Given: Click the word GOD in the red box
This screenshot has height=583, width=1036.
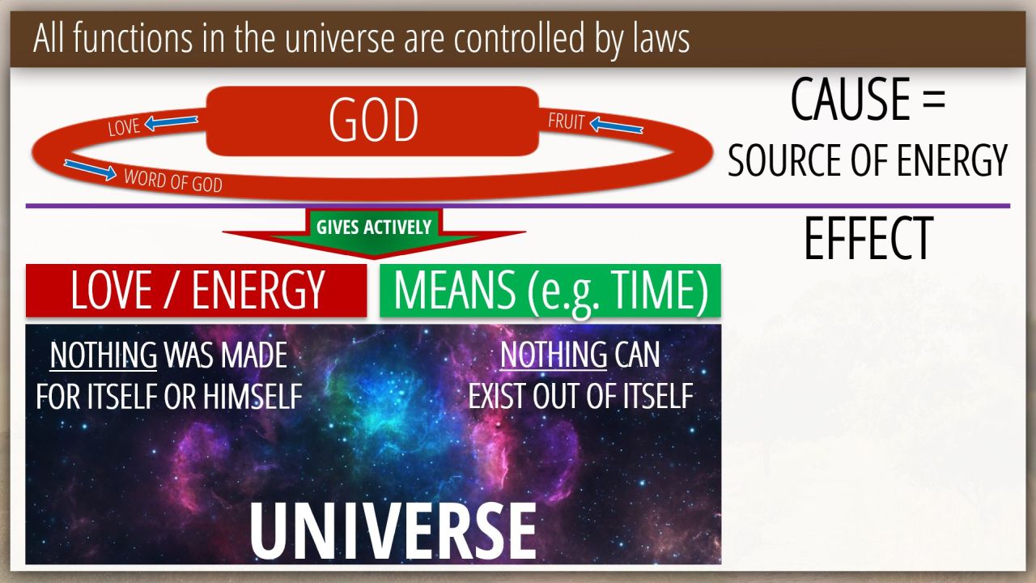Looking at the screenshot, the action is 373,121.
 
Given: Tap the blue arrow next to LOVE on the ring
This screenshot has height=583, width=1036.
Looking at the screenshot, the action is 171,122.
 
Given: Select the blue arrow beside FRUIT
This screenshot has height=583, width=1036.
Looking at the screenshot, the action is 617,126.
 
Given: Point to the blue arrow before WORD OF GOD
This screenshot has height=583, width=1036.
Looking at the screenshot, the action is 90,169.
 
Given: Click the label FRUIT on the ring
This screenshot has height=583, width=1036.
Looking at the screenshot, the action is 567,121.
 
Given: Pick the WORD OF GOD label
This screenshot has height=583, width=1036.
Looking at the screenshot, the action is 173,181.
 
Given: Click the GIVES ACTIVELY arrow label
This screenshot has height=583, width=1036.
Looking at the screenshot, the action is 374,228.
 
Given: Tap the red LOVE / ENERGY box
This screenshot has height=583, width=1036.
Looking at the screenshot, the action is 196,291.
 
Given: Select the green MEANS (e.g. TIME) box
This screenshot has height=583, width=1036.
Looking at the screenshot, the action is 550,291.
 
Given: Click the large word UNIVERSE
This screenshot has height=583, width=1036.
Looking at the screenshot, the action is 393,531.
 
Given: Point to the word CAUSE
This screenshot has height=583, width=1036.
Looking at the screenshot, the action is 851,99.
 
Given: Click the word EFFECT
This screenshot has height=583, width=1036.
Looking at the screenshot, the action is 868,238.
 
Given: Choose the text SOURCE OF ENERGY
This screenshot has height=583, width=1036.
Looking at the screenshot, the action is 867,160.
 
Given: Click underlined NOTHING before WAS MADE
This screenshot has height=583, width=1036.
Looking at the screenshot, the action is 103,355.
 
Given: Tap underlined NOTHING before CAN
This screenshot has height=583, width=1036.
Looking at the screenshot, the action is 553,355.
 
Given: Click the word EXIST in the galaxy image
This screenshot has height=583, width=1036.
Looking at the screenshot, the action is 497,396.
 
